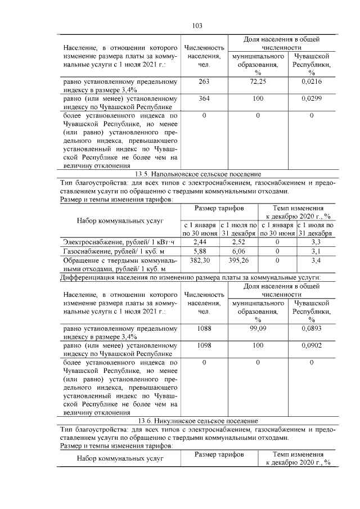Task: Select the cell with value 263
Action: point(204,82)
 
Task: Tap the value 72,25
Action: point(258,82)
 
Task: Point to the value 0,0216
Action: point(311,82)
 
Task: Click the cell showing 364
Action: point(204,98)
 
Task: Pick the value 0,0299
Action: point(311,98)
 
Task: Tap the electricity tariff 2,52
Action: point(239,242)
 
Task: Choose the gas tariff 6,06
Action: point(239,251)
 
